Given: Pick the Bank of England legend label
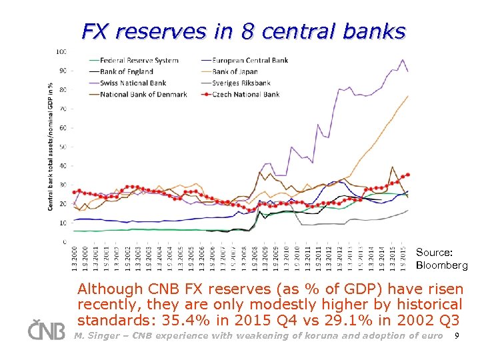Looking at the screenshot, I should tap(127, 72).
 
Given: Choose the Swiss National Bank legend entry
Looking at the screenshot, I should tap(133, 83).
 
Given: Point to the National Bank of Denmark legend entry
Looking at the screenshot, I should tap(143, 95).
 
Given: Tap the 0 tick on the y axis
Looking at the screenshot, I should tap(64, 242).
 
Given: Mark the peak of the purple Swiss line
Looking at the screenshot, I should tap(402, 60).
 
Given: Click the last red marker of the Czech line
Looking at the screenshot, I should tap(408, 175).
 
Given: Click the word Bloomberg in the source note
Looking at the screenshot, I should tap(442, 265).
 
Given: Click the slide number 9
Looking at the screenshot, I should tap(456, 336).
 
